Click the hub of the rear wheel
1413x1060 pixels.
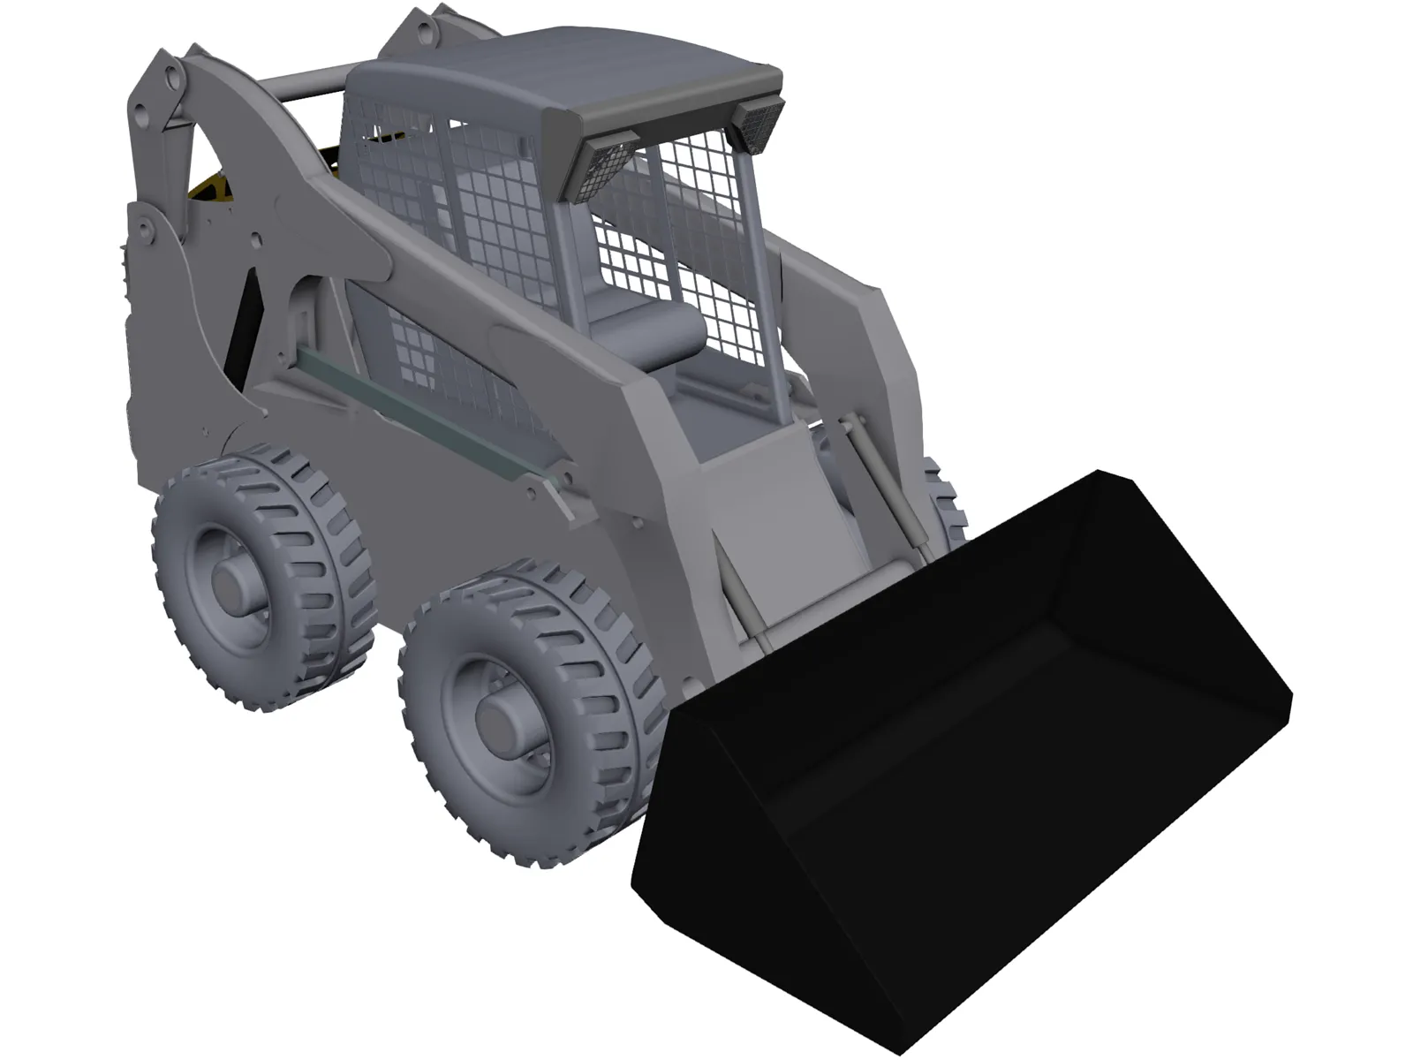232,584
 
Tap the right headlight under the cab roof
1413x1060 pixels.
759,120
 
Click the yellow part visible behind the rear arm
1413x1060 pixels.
208,190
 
